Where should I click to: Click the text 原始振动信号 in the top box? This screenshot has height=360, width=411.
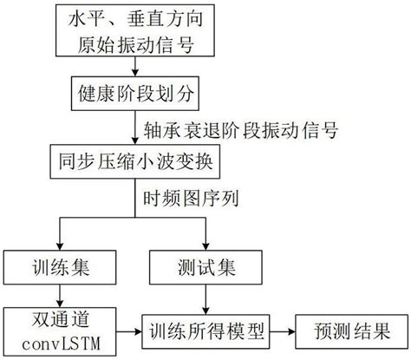[x=138, y=47]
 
